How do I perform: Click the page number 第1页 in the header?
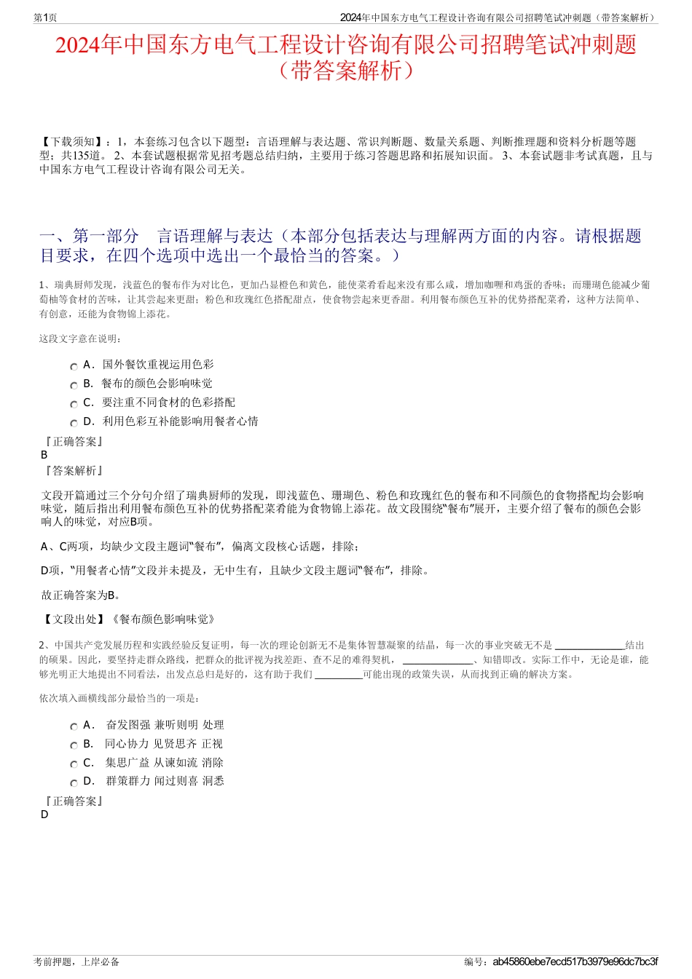pyautogui.click(x=45, y=17)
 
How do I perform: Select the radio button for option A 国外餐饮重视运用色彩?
pyautogui.click(x=74, y=367)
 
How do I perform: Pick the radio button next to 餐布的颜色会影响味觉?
pyautogui.click(x=74, y=386)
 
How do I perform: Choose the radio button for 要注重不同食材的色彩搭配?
pyautogui.click(x=74, y=405)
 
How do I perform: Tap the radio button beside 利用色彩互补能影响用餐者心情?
pyautogui.click(x=74, y=424)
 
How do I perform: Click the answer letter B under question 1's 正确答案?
pyautogui.click(x=44, y=455)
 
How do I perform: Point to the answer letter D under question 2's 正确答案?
pyautogui.click(x=44, y=814)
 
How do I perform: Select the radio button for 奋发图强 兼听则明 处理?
pyautogui.click(x=74, y=726)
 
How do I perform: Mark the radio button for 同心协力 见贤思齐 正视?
pyautogui.click(x=74, y=745)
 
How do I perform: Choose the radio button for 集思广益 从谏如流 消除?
pyautogui.click(x=74, y=764)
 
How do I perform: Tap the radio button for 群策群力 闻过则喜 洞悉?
pyautogui.click(x=74, y=783)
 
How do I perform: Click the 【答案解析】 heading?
pyautogui.click(x=73, y=471)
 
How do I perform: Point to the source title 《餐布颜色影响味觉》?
pyautogui.click(x=162, y=619)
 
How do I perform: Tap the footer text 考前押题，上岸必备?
pyautogui.click(x=76, y=962)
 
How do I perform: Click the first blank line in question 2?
pyautogui.click(x=589, y=646)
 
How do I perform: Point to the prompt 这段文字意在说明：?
pyautogui.click(x=81, y=338)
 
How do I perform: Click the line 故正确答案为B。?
pyautogui.click(x=81, y=595)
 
